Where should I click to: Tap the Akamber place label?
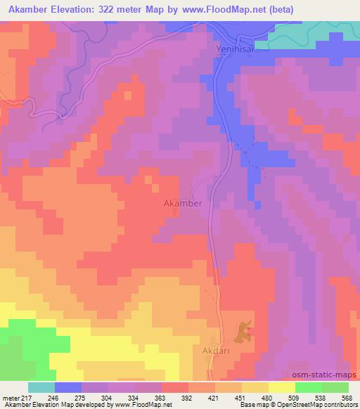(x=183, y=204)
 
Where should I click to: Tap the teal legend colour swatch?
(x=41, y=387)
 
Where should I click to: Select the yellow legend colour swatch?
(x=282, y=387)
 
